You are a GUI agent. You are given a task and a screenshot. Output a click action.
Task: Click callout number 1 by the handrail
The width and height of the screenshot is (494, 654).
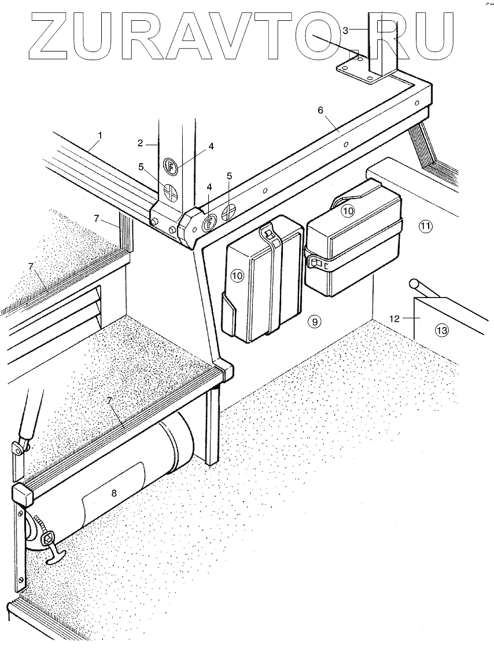point(100,135)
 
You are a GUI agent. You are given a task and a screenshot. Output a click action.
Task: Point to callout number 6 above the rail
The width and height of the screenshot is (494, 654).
point(320,110)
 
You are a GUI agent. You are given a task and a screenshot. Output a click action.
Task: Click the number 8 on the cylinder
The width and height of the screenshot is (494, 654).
point(114,493)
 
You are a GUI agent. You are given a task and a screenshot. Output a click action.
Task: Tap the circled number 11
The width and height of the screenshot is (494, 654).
point(425,226)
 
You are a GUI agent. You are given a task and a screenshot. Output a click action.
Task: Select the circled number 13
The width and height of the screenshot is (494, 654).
point(441,330)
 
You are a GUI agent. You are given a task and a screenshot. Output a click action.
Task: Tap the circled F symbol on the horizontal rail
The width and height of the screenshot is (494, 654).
point(210,220)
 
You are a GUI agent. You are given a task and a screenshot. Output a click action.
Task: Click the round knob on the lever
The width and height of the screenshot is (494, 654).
point(414,285)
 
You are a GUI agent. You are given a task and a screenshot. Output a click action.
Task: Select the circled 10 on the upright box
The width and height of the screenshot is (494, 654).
point(238,275)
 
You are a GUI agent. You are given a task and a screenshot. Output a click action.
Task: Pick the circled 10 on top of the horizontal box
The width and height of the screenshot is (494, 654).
point(347,211)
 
